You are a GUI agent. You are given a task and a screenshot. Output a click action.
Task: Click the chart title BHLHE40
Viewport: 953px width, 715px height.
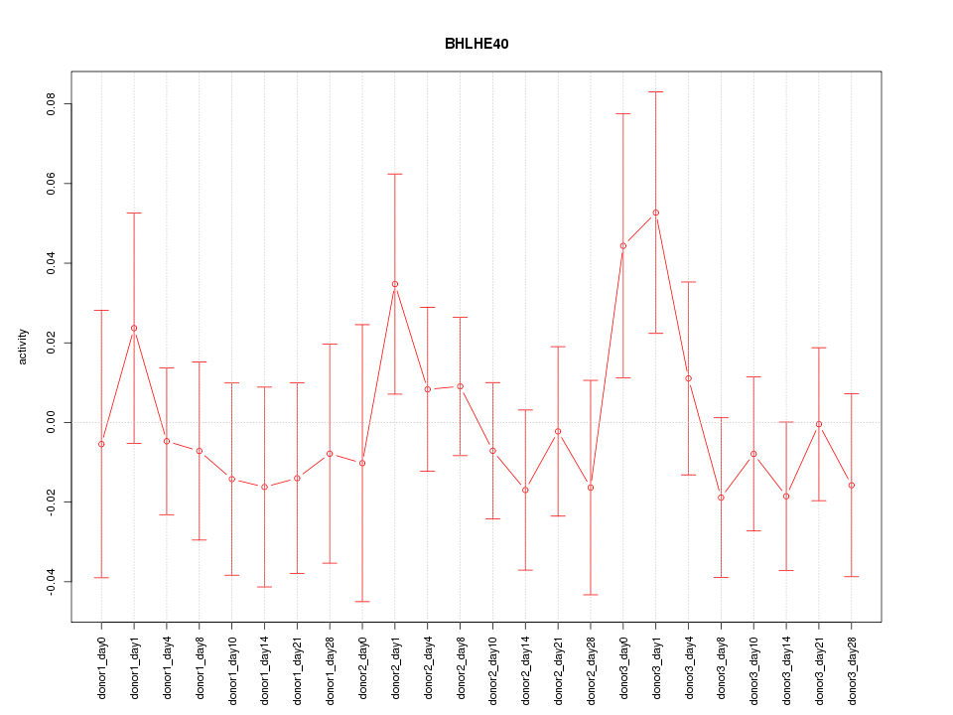476,44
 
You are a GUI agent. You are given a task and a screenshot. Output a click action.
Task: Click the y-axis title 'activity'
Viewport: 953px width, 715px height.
24,347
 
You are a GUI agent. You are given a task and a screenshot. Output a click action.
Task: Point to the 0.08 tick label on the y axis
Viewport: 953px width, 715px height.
53,104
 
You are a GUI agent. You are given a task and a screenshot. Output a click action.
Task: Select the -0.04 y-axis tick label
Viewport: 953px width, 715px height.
53,581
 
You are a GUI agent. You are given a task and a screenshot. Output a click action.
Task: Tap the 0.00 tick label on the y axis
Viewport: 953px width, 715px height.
53,422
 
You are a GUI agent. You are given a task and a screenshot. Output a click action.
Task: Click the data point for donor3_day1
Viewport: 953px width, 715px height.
655,213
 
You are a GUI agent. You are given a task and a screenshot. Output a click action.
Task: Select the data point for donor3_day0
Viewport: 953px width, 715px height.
623,245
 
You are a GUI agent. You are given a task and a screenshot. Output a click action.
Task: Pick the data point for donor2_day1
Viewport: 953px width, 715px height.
395,284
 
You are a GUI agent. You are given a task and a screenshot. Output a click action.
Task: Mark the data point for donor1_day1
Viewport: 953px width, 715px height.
134,328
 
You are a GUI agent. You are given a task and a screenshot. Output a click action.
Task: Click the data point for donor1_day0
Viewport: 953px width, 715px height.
101,444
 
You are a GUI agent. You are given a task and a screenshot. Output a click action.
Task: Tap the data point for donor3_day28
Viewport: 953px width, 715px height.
851,485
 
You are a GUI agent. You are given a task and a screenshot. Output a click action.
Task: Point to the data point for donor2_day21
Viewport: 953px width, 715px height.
558,431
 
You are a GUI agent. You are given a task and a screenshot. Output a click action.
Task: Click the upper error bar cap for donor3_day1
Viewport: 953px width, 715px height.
655,91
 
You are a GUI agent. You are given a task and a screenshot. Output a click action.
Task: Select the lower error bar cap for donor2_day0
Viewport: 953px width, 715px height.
362,601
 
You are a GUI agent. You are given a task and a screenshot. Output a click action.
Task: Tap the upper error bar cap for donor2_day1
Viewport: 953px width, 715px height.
395,174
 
